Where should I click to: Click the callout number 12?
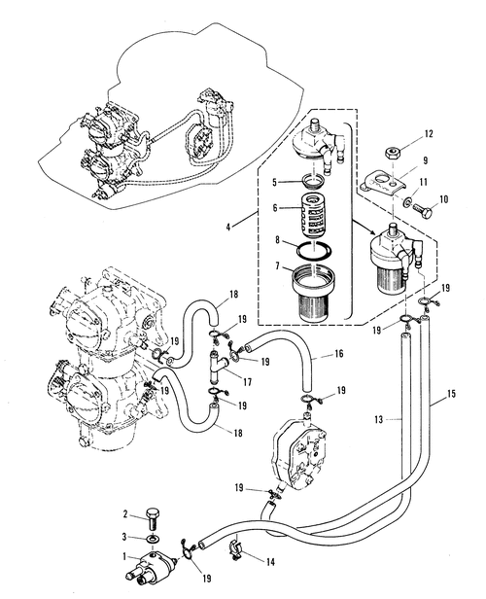(429, 134)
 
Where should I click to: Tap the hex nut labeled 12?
(392, 154)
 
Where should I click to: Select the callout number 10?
(443, 199)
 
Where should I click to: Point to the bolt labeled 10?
(423, 209)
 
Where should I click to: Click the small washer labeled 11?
(407, 201)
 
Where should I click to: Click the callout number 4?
(228, 227)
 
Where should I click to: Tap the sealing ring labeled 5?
(313, 180)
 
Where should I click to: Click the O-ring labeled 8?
(313, 251)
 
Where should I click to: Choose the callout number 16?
(338, 353)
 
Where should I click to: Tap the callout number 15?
(451, 393)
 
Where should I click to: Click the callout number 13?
(379, 419)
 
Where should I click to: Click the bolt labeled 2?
(154, 518)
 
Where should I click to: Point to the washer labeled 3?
(154, 539)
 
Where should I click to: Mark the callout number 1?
(124, 556)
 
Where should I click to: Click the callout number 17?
(248, 381)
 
